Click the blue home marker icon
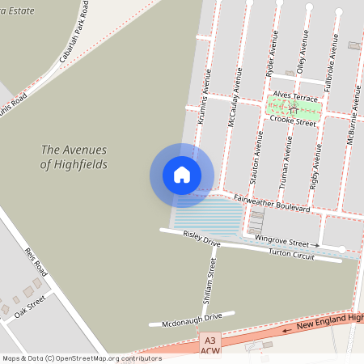[x=182, y=175]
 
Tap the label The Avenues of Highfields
[x=74, y=157]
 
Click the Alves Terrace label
[x=295, y=95]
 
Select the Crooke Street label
[x=292, y=122]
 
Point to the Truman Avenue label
[x=285, y=161]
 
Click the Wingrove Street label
[x=281, y=242]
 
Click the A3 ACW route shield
[x=210, y=345]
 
